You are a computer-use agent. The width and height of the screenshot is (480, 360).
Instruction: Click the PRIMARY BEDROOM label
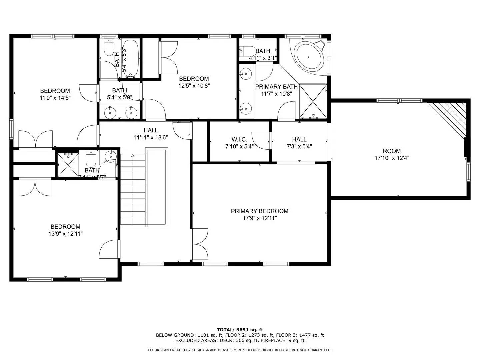tap(259, 211)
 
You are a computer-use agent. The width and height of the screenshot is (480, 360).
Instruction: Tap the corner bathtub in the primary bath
tap(310, 56)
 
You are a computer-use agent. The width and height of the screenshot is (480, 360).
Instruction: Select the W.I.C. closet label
tap(239, 139)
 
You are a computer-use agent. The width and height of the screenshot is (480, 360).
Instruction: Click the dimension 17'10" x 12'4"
tap(392, 158)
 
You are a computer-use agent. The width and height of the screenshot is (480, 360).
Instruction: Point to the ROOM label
tap(392, 151)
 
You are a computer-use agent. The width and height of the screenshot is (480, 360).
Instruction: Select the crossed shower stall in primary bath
tap(313, 101)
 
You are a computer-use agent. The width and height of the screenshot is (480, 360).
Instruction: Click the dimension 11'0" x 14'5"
tap(55, 98)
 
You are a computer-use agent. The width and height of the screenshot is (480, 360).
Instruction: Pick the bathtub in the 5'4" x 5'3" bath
tap(130, 59)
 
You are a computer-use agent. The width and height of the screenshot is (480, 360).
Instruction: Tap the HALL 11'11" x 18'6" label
tap(151, 130)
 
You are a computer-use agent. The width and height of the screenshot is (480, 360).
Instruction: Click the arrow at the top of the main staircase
tap(133, 155)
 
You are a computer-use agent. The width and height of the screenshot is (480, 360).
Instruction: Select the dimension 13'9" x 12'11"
tap(65, 234)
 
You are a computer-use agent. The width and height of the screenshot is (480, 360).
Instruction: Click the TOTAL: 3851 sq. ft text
tap(240, 330)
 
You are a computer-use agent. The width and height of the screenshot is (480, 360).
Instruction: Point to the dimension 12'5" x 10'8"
tap(194, 86)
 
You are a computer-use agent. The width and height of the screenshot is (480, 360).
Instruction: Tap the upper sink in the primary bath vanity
tap(246, 73)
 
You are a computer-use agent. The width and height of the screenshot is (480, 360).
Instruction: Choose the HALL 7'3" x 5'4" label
tap(299, 139)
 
